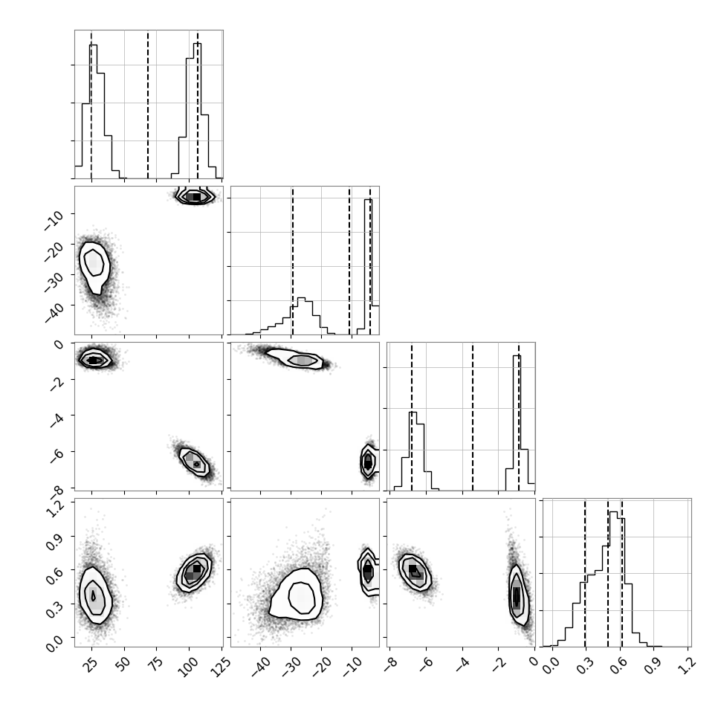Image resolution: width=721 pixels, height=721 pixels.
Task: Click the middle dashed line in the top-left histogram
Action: pyautogui.click(x=148, y=104)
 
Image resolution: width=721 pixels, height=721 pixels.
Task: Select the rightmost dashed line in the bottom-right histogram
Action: pyautogui.click(x=621, y=572)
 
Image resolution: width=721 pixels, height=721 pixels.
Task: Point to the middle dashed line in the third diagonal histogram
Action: pyautogui.click(x=472, y=416)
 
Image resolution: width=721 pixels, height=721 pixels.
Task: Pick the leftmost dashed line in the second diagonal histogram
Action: pyautogui.click(x=292, y=261)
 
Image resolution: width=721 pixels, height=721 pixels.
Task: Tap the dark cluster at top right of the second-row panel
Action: pyautogui.click(x=195, y=196)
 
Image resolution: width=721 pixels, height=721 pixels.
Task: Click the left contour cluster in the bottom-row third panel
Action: pyautogui.click(x=415, y=572)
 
